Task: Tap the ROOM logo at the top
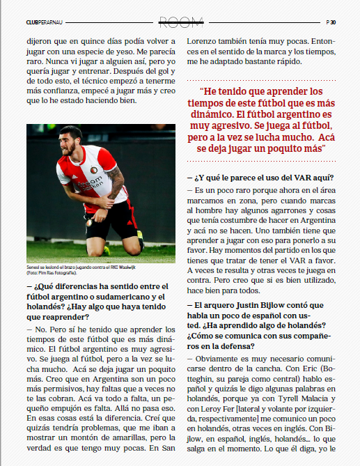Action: point(180,22)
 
